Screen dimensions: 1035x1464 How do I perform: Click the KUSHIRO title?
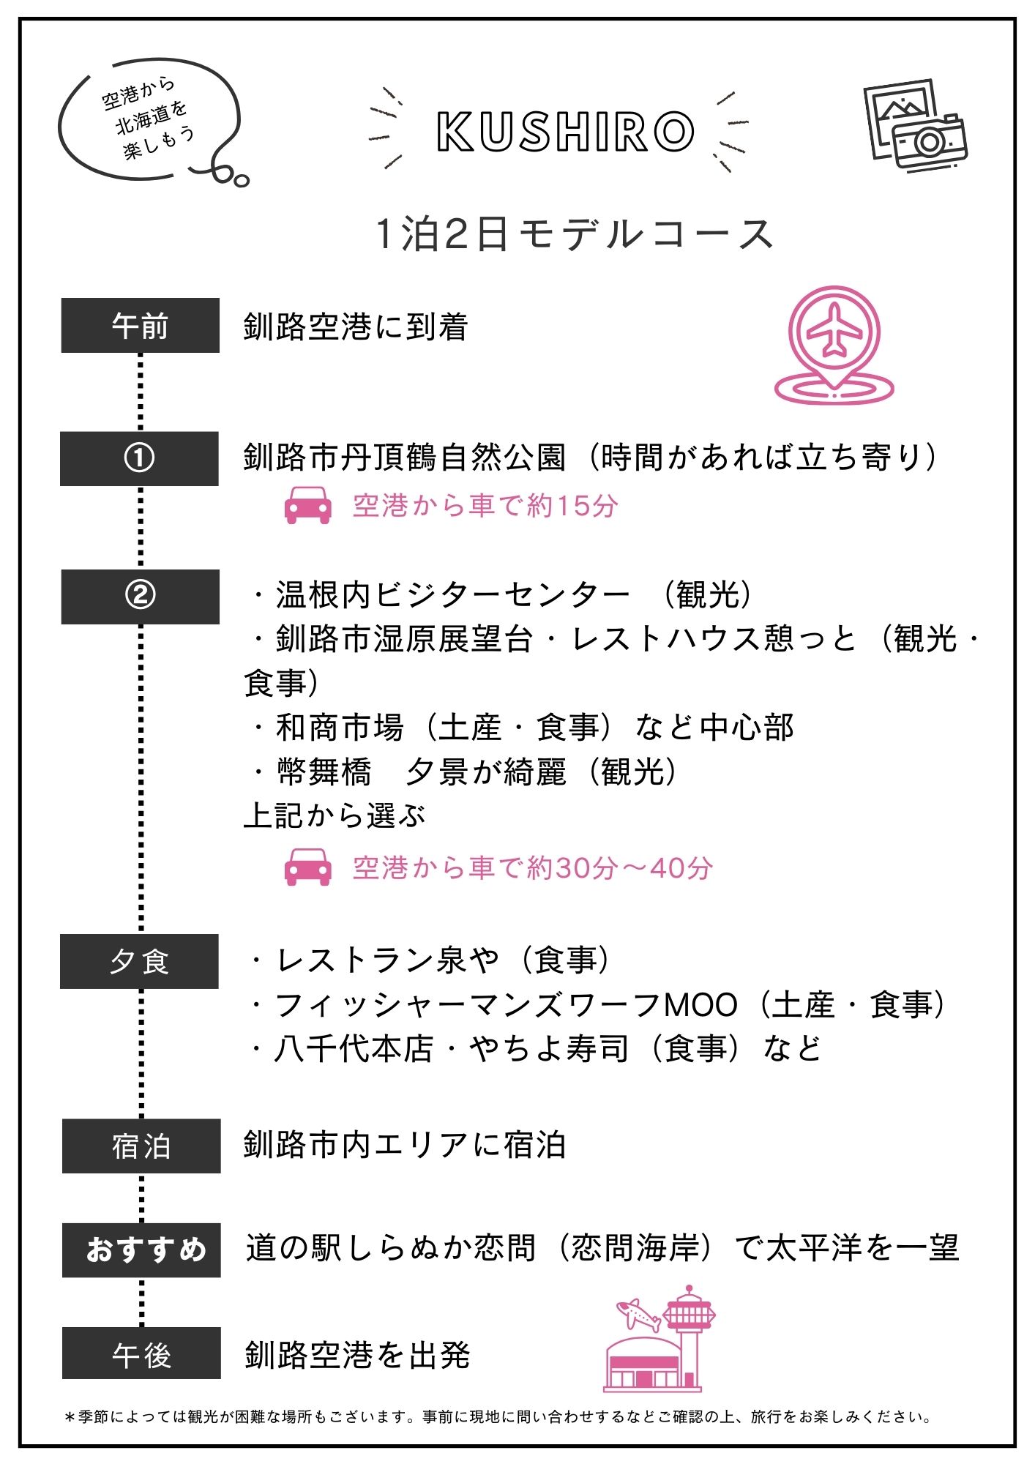click(565, 132)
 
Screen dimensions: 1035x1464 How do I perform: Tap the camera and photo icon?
click(915, 126)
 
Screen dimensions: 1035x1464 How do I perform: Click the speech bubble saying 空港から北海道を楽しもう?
click(150, 121)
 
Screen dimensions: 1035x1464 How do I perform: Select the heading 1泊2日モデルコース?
click(574, 235)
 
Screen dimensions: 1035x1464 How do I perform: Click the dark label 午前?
click(140, 325)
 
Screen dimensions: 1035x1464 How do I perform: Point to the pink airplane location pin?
click(834, 345)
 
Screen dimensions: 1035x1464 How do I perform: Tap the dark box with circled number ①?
click(139, 458)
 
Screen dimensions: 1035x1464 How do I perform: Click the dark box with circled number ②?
click(140, 597)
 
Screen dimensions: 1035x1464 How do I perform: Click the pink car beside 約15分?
click(308, 505)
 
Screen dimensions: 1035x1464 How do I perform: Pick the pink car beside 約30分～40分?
click(308, 867)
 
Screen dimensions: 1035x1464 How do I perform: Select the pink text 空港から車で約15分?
click(485, 506)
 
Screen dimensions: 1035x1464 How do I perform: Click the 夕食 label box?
click(139, 961)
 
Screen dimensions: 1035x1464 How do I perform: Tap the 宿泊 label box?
click(141, 1146)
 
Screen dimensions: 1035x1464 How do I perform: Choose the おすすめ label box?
click(141, 1250)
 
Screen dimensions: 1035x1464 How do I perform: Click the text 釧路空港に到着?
click(356, 326)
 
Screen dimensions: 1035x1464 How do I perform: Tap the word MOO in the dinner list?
click(700, 1005)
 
